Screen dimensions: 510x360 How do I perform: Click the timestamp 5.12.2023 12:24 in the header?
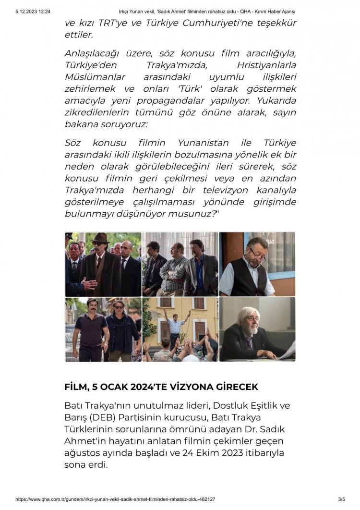coord(33,11)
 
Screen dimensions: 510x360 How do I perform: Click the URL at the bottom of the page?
coord(115,499)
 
